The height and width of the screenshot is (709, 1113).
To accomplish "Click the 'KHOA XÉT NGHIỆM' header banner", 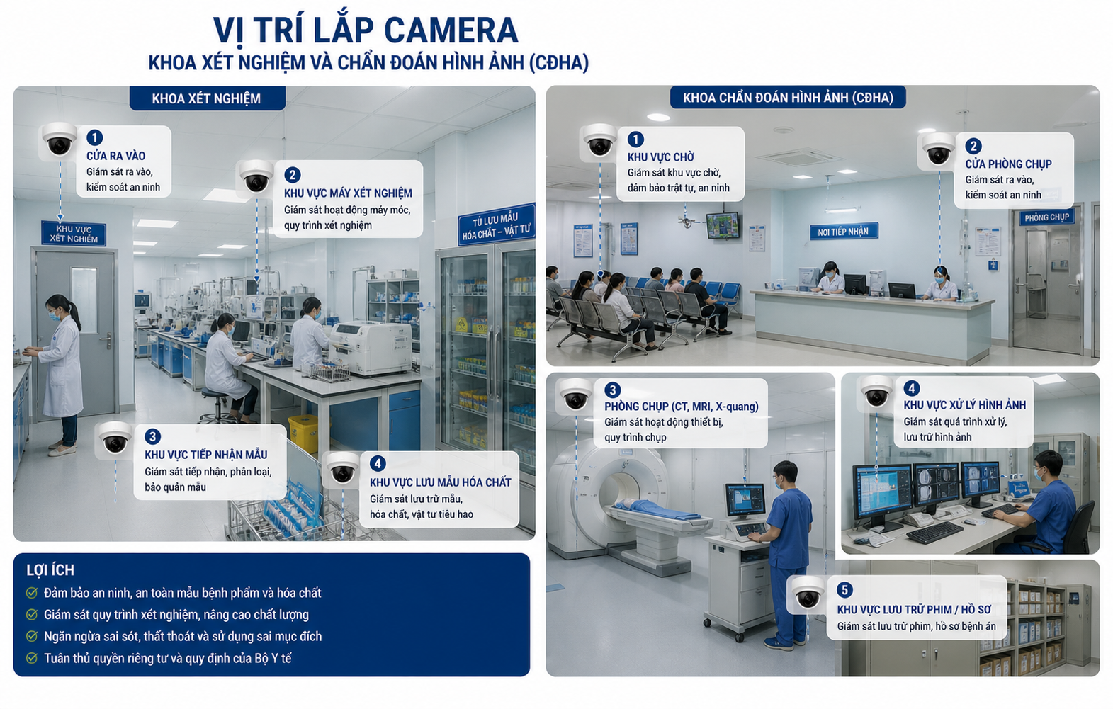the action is (x=207, y=98).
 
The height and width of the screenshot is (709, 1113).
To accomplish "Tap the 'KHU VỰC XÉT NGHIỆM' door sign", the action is (x=74, y=234).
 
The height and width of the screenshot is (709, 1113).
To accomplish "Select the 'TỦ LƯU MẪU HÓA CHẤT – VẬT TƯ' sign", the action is (x=496, y=225).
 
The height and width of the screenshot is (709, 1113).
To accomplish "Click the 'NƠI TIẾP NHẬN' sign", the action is (x=844, y=232).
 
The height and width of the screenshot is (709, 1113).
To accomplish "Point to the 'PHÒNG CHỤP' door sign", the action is (x=1047, y=217).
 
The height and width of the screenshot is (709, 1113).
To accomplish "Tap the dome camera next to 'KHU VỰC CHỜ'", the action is (x=600, y=141).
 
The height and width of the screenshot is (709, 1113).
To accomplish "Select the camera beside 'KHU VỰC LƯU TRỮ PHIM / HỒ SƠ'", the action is (x=808, y=594).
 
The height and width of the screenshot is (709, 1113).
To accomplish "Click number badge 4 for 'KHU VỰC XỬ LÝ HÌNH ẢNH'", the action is (x=911, y=388).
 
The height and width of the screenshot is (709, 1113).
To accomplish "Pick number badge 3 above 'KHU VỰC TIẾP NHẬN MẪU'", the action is (x=152, y=437).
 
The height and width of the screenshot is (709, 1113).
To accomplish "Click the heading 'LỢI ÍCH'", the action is (x=50, y=570).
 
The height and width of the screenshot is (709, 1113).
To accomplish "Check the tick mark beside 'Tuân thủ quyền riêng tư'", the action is (x=32, y=658).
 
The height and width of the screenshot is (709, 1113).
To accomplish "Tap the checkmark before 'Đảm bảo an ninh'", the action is (x=32, y=593).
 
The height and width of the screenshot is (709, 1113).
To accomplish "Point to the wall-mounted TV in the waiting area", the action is (x=723, y=225).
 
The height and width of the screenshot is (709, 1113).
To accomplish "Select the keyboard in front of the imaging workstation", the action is (x=935, y=532).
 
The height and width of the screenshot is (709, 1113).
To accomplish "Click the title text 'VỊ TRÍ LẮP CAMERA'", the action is (x=366, y=30).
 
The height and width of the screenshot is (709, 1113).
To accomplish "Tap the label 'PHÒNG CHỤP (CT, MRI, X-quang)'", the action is (x=682, y=407).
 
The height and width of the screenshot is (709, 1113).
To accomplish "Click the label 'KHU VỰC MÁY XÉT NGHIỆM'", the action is (x=348, y=193).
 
